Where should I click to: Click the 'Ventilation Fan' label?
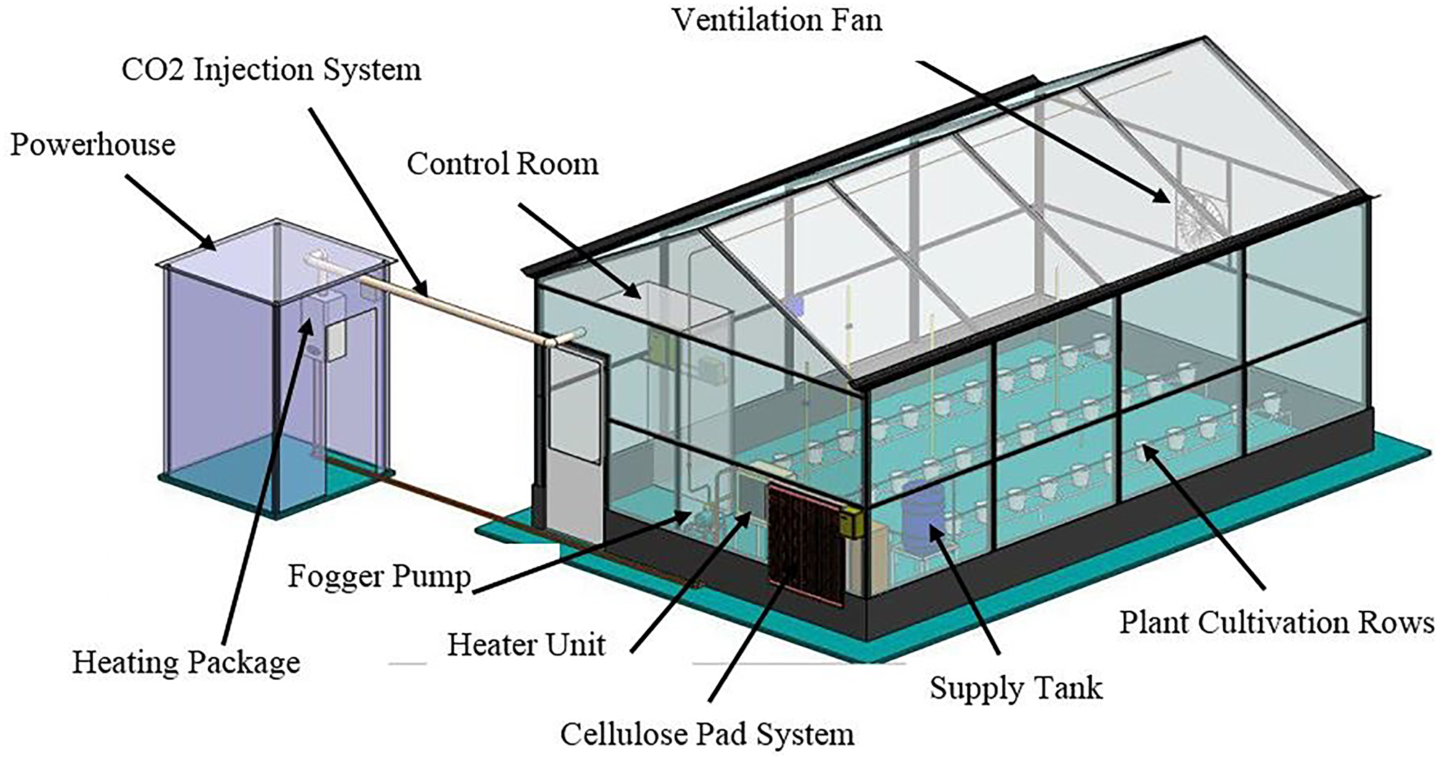tap(777, 19)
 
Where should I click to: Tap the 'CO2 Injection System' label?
tap(271, 71)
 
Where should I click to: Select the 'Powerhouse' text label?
tap(93, 145)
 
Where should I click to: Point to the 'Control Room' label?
tap(502, 164)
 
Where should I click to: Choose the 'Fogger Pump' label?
tap(379, 576)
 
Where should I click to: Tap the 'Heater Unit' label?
tap(526, 645)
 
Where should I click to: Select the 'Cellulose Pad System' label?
tap(707, 735)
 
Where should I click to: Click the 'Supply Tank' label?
tap(1015, 688)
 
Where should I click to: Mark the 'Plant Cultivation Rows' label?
tap(1276, 622)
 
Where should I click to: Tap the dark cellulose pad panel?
tap(804, 543)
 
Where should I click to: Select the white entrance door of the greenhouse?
tap(573, 439)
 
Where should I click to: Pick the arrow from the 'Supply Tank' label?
tap(964, 590)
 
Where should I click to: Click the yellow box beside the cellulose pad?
tap(854, 523)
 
